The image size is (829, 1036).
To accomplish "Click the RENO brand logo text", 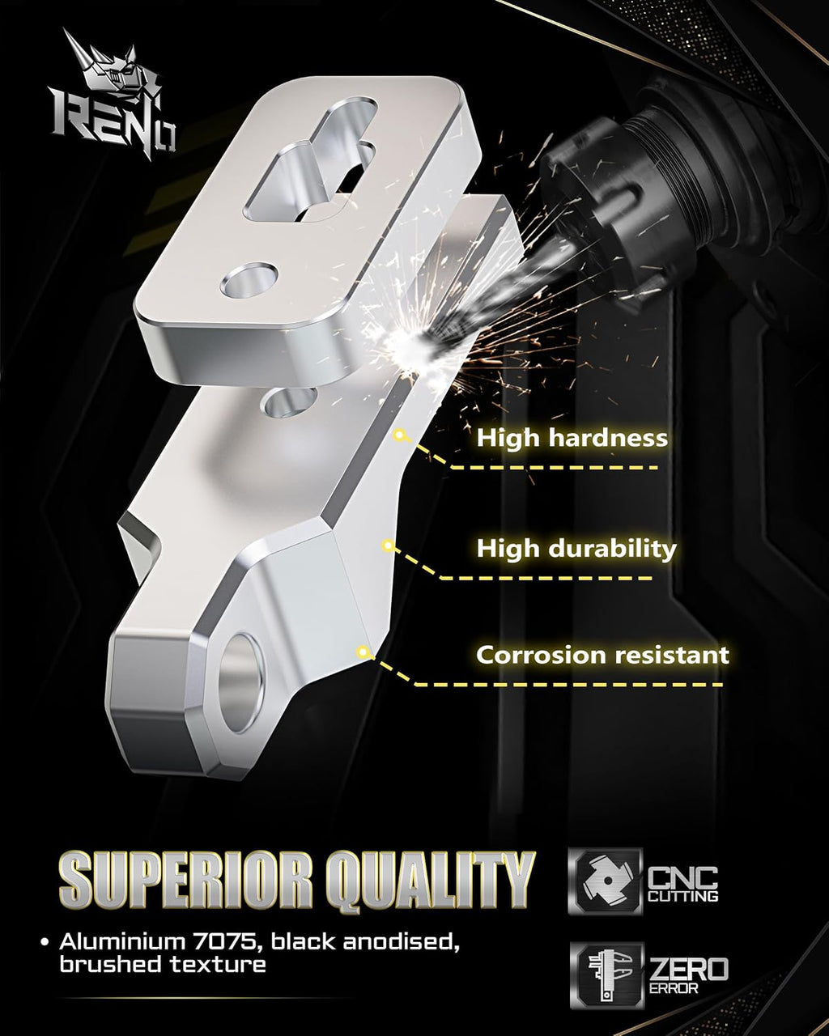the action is click(x=113, y=124).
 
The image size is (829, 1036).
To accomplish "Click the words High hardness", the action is click(x=572, y=439).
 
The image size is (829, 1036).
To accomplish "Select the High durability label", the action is click(x=576, y=549).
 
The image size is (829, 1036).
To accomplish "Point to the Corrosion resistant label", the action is click(x=602, y=655).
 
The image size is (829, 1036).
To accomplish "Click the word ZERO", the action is click(x=689, y=969).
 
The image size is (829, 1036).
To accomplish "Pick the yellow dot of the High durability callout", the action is click(x=388, y=546).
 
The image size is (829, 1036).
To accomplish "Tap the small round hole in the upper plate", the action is click(x=249, y=280).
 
